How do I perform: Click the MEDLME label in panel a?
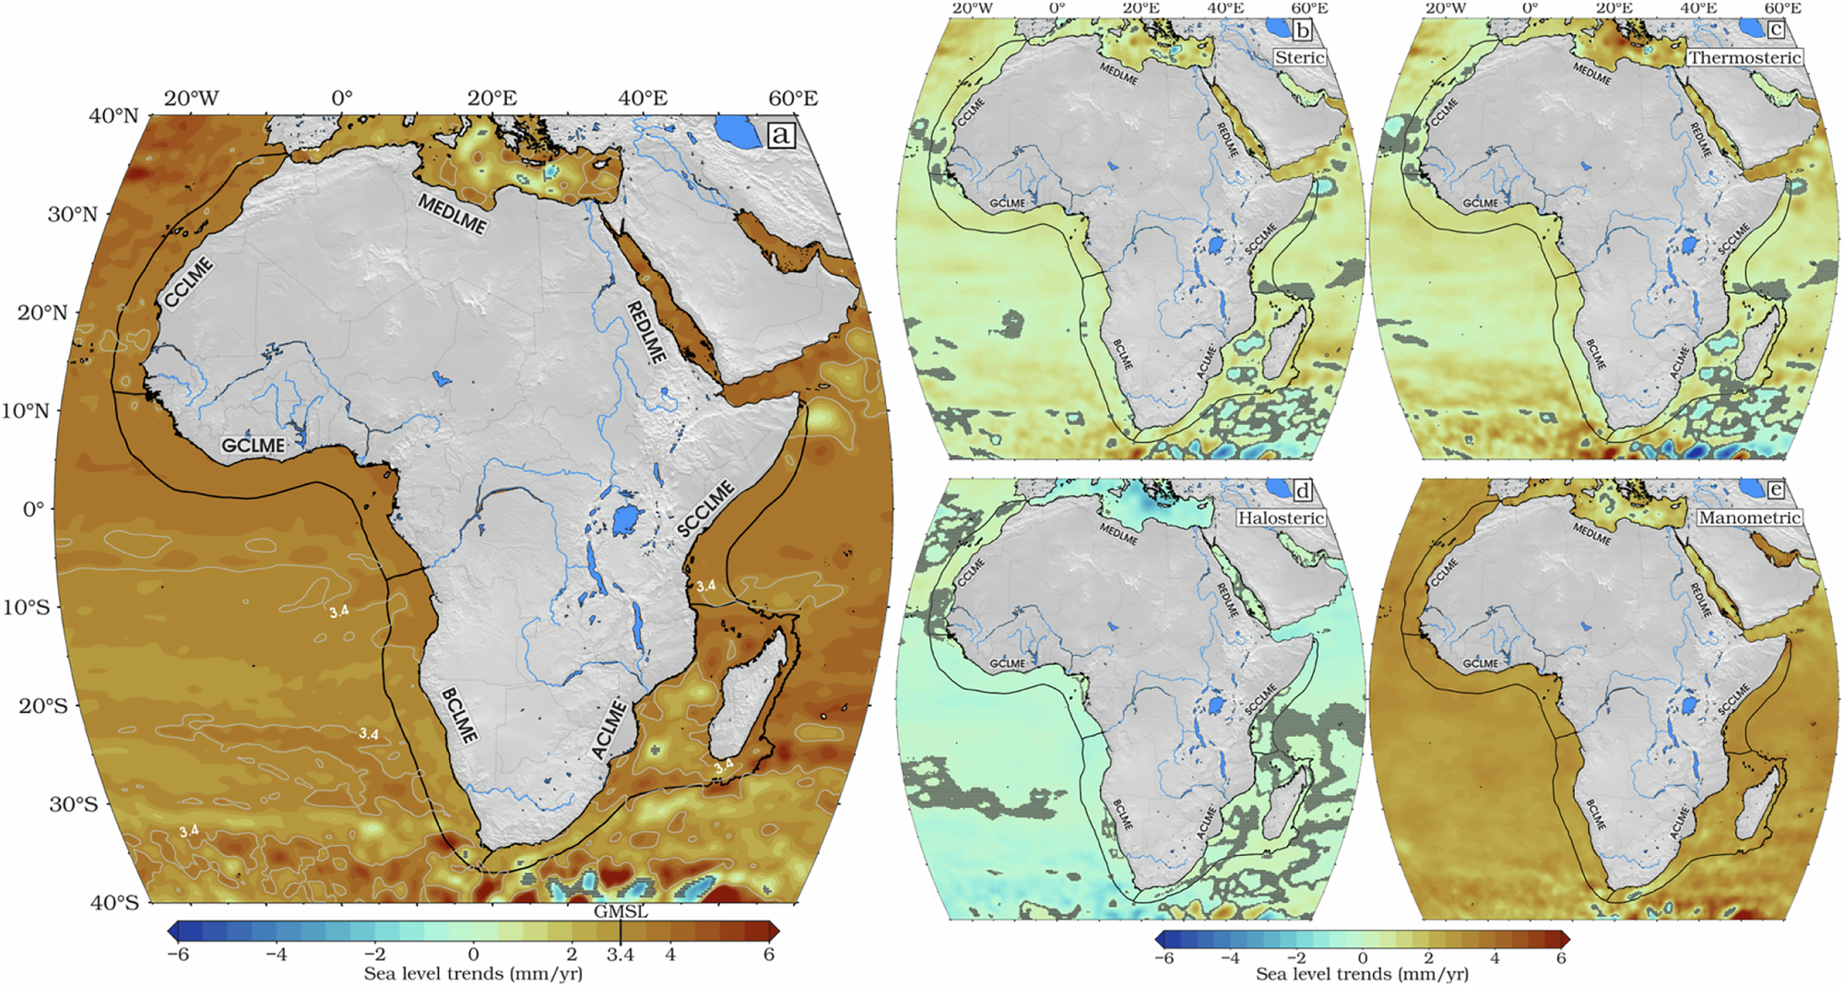[x=452, y=215]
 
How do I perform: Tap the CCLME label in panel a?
[x=189, y=282]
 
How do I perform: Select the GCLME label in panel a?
[x=254, y=445]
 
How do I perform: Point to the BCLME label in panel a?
[x=459, y=716]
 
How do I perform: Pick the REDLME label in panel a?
[x=646, y=331]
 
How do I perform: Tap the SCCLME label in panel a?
[x=706, y=509]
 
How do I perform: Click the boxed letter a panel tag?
[x=781, y=136]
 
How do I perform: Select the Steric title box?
[x=1299, y=57]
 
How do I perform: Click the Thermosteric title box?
[x=1744, y=57]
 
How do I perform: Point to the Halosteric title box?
[x=1282, y=517]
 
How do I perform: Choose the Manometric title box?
[x=1749, y=517]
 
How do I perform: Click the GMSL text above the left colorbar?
[x=621, y=911]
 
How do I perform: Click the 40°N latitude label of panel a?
[x=113, y=116]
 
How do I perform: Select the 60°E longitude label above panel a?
[x=793, y=99]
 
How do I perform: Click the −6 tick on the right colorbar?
[x=1164, y=958]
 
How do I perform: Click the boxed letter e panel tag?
[x=1775, y=490]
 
